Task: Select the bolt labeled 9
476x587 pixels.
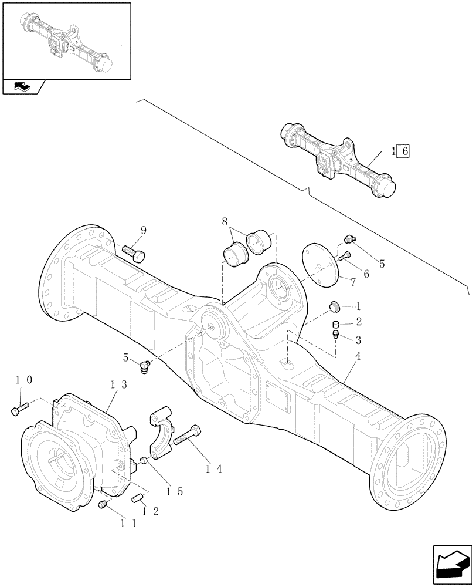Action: pos(134,253)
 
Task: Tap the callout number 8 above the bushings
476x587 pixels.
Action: pos(225,222)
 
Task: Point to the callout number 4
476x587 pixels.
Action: pos(358,356)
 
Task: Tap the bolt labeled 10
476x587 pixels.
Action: pos(19,410)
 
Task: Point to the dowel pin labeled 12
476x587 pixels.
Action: pos(138,498)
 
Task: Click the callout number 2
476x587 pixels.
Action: pos(358,323)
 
